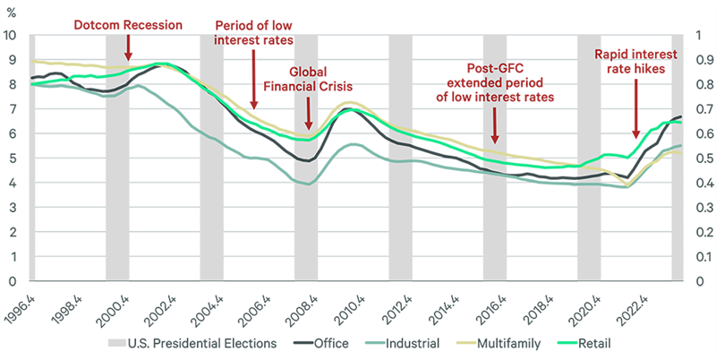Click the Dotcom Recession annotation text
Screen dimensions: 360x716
[128, 24]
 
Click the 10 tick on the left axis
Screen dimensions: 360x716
[11, 36]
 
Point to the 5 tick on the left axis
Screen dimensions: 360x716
[11, 159]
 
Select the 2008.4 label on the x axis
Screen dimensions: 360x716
[305, 304]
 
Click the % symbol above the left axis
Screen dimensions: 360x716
[10, 13]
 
